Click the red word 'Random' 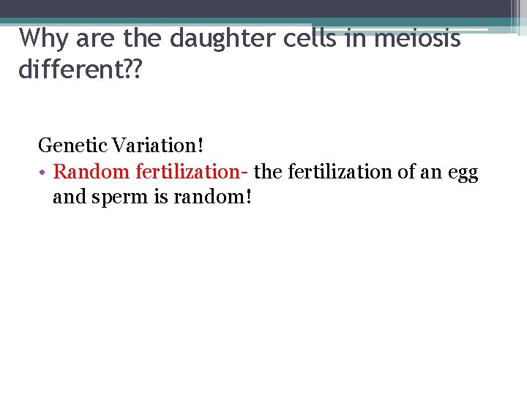point(92,172)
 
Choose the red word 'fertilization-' point(193,172)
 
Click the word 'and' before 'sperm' point(70,197)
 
